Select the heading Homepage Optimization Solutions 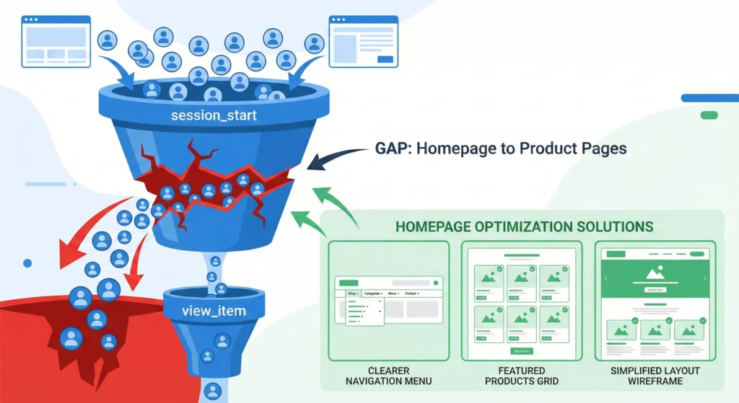tap(524, 226)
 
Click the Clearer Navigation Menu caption tap(388, 375)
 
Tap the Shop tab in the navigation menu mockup tap(352, 294)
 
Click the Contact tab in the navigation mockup tap(411, 294)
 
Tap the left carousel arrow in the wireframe tap(606, 278)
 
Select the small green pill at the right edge tap(709, 115)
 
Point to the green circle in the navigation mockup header tap(436, 283)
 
